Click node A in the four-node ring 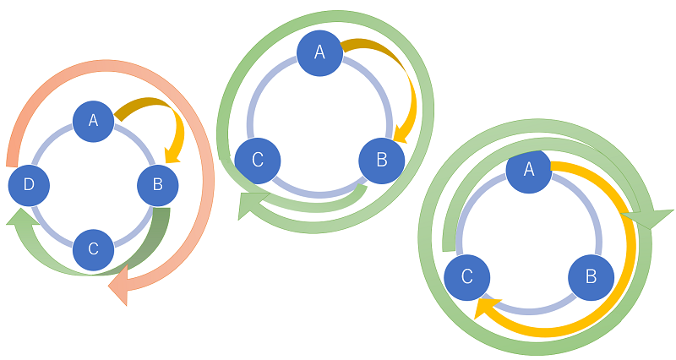click(94, 122)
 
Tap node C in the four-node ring click(94, 248)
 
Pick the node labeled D click(30, 185)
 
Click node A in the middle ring click(319, 52)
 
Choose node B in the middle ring click(381, 159)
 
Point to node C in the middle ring click(257, 159)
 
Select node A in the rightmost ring click(529, 170)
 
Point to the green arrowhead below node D click(20, 219)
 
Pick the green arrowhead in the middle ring click(250, 205)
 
